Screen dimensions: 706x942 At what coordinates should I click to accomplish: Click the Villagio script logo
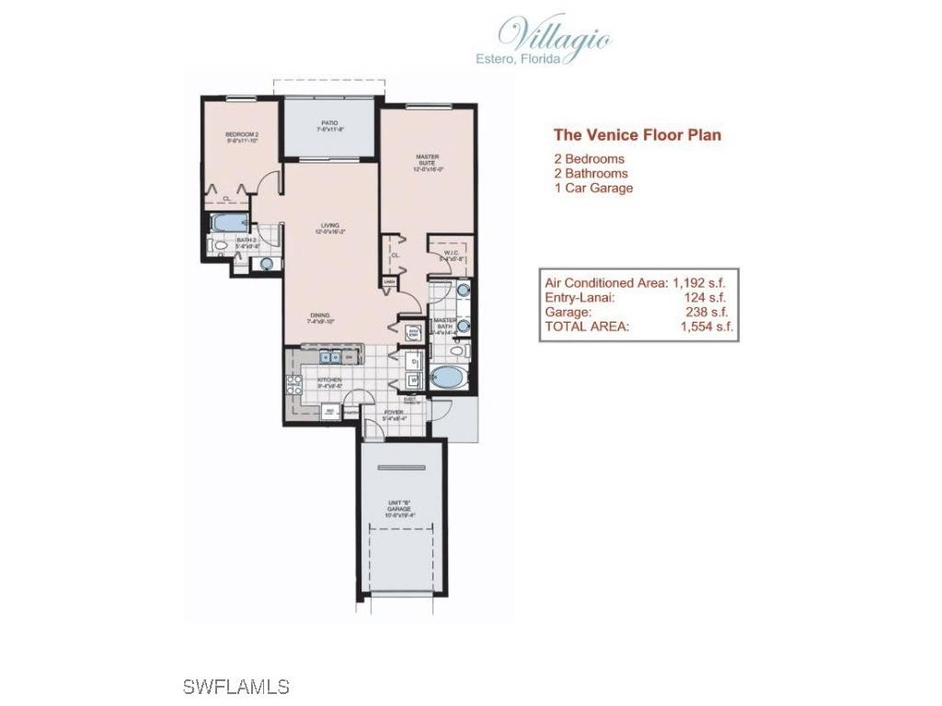tap(556, 35)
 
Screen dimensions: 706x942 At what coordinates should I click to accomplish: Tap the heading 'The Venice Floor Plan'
tap(637, 135)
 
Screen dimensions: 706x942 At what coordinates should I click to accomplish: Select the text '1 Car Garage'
tap(593, 188)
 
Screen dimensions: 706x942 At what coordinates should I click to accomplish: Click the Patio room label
tap(329, 127)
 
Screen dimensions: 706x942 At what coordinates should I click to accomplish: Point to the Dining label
tap(322, 318)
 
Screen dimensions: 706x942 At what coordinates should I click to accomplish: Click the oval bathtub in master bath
tap(448, 378)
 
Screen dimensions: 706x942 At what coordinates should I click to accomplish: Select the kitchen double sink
tap(330, 358)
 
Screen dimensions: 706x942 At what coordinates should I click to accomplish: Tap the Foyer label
tap(394, 415)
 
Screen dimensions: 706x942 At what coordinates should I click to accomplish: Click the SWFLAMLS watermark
tap(235, 686)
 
